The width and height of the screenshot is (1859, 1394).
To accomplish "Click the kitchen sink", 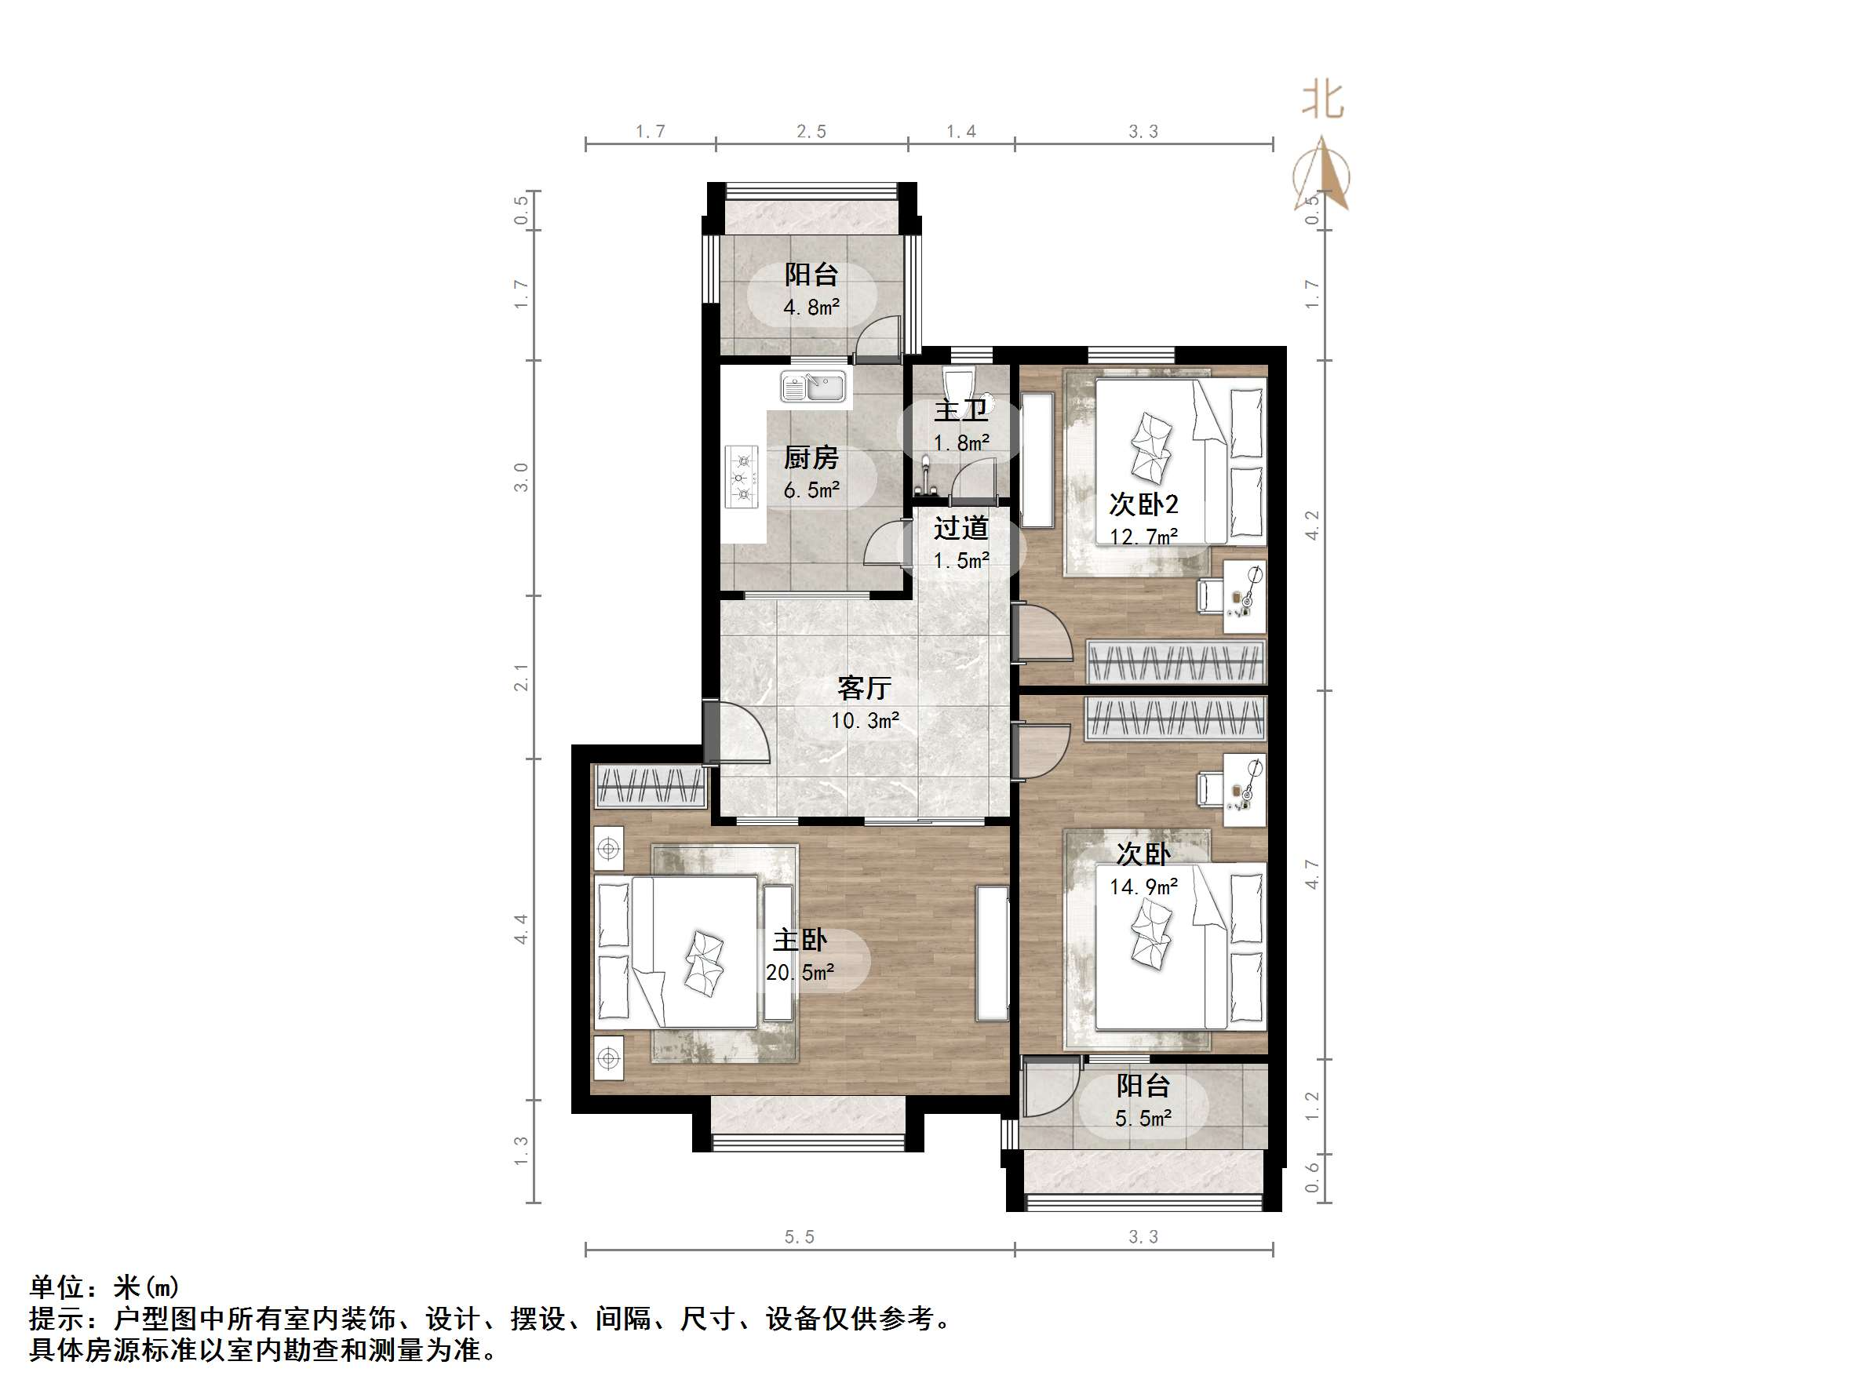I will click(224, 388).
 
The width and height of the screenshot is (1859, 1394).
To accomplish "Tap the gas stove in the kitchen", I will click(742, 478).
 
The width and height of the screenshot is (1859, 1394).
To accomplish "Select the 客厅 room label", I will click(864, 688).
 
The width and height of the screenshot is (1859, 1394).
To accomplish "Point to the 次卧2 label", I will click(1143, 504).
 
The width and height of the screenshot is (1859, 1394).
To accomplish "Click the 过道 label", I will click(960, 529).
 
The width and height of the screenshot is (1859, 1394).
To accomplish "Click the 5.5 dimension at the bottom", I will click(799, 1237).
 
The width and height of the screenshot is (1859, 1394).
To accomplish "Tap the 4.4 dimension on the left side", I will click(521, 929).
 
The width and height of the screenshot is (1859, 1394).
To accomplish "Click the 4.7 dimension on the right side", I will click(1312, 875).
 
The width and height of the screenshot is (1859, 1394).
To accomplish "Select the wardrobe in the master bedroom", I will click(650, 787).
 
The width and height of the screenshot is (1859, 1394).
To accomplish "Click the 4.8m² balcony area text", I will click(811, 308).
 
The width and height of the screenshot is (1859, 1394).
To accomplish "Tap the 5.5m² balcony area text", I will click(1143, 1119).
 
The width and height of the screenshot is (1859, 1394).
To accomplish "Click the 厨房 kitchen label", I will click(811, 458).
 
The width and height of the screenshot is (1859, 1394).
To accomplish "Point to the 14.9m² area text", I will click(1143, 886).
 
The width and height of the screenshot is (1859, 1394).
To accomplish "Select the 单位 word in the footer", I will click(57, 1287).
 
